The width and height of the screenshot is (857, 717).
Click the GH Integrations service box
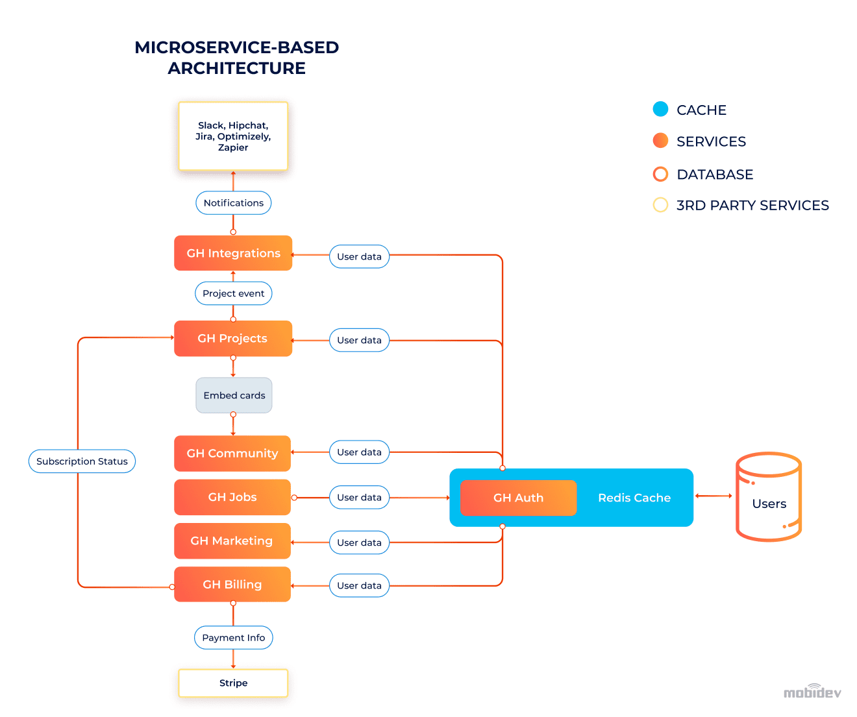(x=233, y=253)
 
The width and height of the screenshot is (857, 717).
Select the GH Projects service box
(x=233, y=338)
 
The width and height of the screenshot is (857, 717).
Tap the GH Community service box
(x=232, y=453)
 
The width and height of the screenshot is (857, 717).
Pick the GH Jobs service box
(x=232, y=497)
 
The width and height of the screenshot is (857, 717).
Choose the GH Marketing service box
(x=232, y=541)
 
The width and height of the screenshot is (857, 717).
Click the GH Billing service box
(x=232, y=584)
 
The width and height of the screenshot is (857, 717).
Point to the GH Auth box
(x=518, y=498)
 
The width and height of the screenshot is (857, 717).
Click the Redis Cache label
(x=634, y=498)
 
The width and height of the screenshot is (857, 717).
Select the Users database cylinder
(x=769, y=497)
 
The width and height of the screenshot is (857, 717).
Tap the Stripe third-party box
(x=233, y=683)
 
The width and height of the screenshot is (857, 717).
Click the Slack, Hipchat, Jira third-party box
(x=233, y=136)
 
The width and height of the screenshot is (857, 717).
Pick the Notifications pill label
(x=234, y=202)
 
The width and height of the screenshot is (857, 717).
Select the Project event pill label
(x=234, y=293)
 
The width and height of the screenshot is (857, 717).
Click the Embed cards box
(x=234, y=395)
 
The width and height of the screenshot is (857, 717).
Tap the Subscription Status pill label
(x=82, y=461)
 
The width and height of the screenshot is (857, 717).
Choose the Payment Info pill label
(x=234, y=638)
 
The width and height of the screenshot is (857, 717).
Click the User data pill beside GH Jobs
(x=359, y=497)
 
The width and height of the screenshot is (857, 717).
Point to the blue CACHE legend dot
(x=660, y=109)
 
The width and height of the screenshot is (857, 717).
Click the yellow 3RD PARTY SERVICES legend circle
(x=660, y=205)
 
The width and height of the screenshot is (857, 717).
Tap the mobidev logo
(x=812, y=692)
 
